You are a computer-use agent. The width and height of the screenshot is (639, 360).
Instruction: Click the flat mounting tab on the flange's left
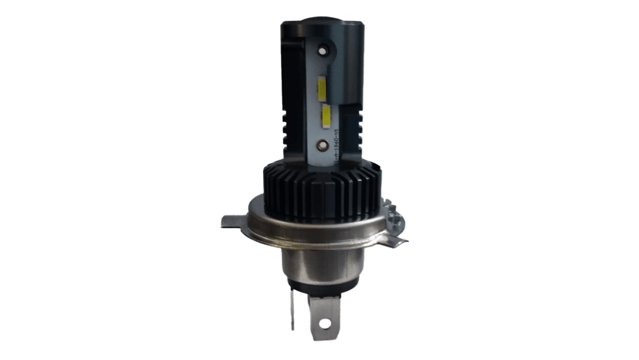(x=233, y=222)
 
